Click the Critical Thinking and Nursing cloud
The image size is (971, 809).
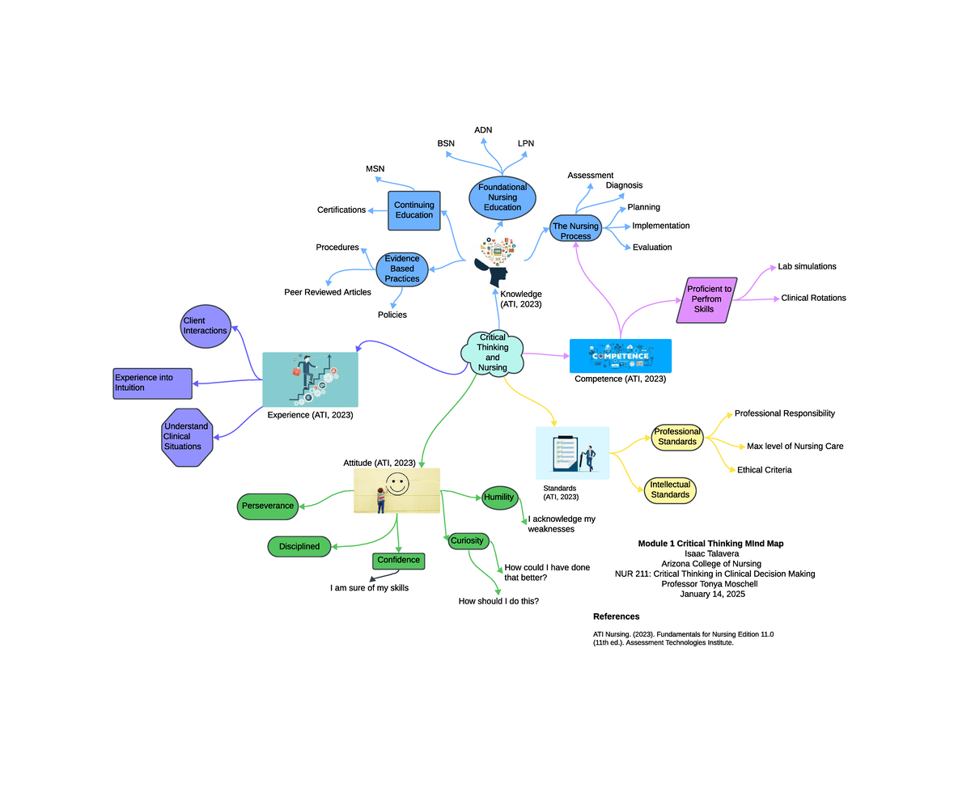point(492,353)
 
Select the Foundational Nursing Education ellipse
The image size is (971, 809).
point(502,197)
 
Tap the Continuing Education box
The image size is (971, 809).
point(413,210)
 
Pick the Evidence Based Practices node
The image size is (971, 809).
point(402,269)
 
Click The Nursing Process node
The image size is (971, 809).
point(575,231)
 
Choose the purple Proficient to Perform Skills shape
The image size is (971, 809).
point(707,299)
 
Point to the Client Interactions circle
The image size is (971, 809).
point(205,326)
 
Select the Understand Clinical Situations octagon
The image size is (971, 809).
point(187,437)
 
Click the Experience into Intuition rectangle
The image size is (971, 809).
point(153,383)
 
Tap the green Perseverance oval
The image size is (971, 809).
point(268,506)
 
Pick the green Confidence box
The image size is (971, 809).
point(398,561)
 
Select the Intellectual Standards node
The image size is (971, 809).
point(670,490)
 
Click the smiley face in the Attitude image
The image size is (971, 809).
point(396,484)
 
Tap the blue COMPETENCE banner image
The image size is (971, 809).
point(620,356)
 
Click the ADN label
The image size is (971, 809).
point(483,130)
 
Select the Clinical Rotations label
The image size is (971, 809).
point(813,299)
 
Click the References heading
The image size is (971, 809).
point(616,616)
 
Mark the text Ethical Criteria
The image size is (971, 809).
point(764,470)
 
